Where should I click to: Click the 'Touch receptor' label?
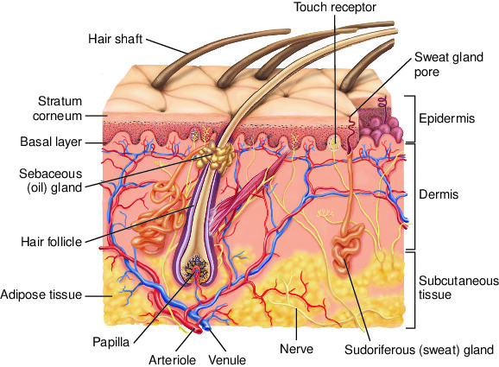(334, 7)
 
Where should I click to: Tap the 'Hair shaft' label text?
(115, 39)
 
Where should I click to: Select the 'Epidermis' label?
(446, 118)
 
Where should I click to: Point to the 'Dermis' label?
(439, 194)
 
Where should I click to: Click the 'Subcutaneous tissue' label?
(458, 288)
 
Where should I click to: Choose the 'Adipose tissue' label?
(41, 294)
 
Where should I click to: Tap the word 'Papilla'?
(111, 342)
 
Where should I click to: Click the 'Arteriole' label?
(172, 360)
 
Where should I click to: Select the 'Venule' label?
(227, 360)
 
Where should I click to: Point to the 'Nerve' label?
(296, 349)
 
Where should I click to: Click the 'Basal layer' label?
(51, 142)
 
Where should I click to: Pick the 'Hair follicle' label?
(51, 242)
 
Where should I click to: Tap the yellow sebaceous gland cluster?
(215, 156)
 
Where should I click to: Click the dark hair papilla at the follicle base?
(196, 268)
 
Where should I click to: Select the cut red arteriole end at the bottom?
(199, 331)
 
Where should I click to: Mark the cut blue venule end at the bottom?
(207, 327)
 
